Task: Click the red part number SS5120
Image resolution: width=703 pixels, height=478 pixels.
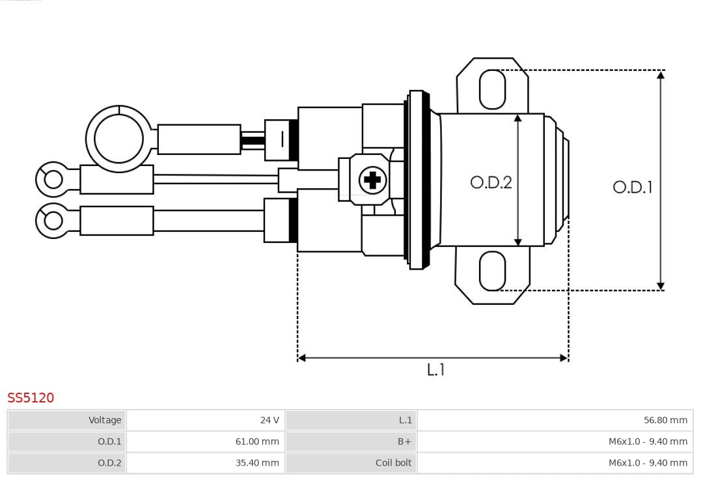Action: point(31,398)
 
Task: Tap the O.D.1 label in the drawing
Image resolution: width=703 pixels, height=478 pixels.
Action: point(632,188)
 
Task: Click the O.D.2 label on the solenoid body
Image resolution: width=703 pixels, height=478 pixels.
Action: point(491,182)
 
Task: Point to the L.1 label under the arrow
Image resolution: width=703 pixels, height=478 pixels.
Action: point(435,370)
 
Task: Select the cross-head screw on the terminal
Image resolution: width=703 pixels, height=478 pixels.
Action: point(372,180)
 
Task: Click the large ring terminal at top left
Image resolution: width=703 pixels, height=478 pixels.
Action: point(118,139)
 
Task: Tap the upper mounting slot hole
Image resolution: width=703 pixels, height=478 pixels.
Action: point(492,89)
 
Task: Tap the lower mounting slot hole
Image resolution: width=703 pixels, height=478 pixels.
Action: point(492,271)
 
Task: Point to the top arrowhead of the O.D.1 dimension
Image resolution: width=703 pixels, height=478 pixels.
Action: point(661,75)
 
